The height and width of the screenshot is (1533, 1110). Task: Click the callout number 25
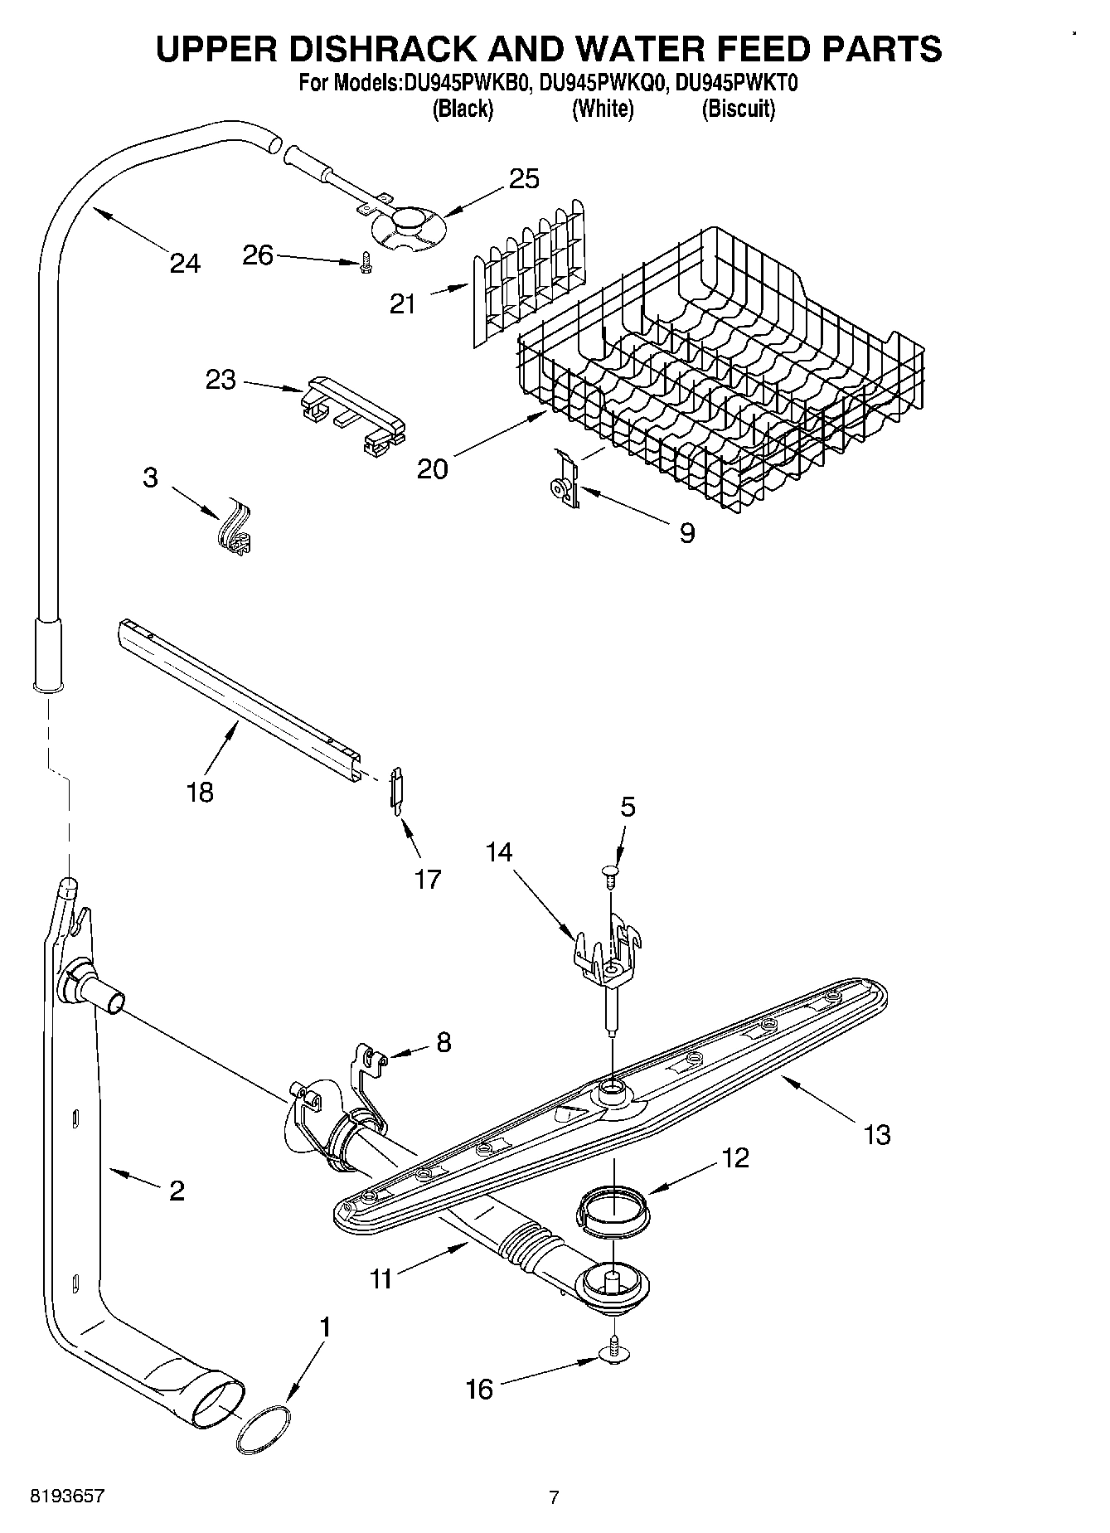point(524,178)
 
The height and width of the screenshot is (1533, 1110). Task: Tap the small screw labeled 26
point(366,264)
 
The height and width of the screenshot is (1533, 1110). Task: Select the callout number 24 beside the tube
point(184,264)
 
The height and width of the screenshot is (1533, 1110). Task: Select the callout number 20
point(432,468)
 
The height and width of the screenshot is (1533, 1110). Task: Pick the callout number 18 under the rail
point(201,792)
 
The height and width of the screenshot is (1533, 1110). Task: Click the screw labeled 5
point(610,874)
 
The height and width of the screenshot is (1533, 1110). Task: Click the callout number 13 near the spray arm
point(876,1133)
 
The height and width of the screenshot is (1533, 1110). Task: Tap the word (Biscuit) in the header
point(738,109)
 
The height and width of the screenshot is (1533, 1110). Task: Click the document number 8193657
point(67,1496)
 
